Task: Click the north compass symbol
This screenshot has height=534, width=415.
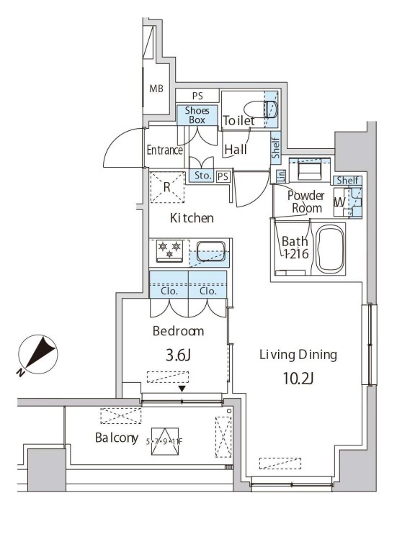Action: click(37, 355)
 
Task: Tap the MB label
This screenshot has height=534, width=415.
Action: click(156, 89)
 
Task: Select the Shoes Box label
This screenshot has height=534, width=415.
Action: click(197, 115)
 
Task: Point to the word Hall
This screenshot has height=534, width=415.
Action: click(236, 149)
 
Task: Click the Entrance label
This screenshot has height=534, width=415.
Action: click(164, 150)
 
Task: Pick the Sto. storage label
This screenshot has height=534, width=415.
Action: click(202, 176)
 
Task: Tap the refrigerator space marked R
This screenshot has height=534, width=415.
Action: click(167, 187)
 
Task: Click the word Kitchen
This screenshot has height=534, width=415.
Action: click(192, 217)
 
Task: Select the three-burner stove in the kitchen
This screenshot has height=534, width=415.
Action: click(169, 251)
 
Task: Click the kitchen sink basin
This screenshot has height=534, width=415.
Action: click(210, 251)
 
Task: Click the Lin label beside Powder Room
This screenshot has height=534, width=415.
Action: click(281, 176)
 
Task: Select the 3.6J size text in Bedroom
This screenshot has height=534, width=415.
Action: click(178, 356)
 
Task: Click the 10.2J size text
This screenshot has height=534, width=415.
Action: click(298, 378)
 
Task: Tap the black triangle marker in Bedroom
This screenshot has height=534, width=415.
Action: click(182, 389)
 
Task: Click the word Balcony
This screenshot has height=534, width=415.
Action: click(117, 438)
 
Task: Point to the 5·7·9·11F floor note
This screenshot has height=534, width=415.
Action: click(164, 442)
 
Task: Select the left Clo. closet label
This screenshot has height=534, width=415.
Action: click(169, 291)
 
